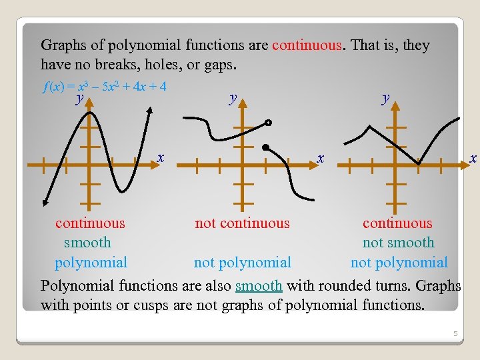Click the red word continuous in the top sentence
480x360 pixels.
click(x=307, y=45)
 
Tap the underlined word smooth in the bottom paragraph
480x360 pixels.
click(x=259, y=285)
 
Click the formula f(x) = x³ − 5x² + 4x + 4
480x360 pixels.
click(x=103, y=87)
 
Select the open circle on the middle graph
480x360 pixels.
click(x=268, y=123)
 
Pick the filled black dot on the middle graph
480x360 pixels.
click(x=265, y=147)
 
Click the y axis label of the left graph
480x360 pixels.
click(x=79, y=99)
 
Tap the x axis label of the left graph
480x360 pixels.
click(x=161, y=157)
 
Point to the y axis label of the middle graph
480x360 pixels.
click(x=233, y=99)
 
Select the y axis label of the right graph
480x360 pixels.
click(x=385, y=99)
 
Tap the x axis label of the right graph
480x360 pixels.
click(x=473, y=157)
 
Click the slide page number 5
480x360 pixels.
click(x=455, y=333)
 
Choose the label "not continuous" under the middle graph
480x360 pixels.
click(x=242, y=223)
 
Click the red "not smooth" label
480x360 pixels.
click(x=398, y=243)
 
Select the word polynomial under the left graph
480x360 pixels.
click(x=91, y=262)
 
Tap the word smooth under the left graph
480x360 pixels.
click(x=87, y=243)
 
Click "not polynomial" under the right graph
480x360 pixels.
click(x=399, y=262)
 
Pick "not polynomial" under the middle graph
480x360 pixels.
click(x=242, y=262)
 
